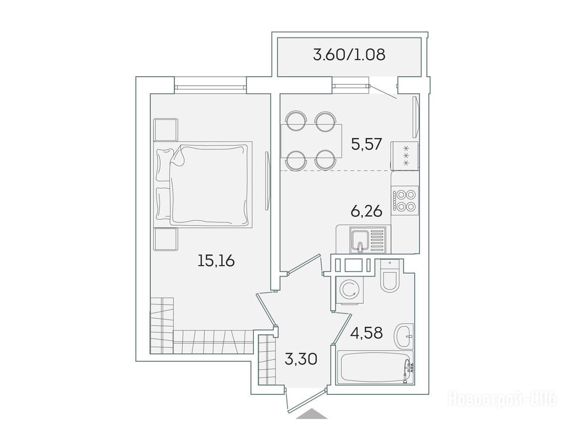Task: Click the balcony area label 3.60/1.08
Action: tap(349, 55)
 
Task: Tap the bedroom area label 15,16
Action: tap(216, 260)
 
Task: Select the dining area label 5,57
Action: tap(366, 145)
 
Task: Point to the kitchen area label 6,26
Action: tap(366, 211)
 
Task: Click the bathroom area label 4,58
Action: tap(366, 332)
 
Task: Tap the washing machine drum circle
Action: tap(349, 290)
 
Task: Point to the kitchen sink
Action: tap(360, 240)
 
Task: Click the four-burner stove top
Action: tap(404, 200)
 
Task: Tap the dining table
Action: tap(311, 141)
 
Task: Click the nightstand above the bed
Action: tap(166, 129)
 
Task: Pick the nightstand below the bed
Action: tap(166, 240)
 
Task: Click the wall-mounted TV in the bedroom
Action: tap(266, 181)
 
